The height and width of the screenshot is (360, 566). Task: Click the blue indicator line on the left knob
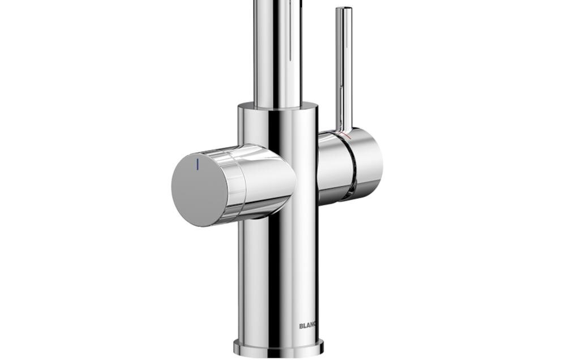click(x=198, y=164)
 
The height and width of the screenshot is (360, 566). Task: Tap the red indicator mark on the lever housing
click(x=347, y=136)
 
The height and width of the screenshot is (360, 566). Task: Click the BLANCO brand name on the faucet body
click(x=307, y=326)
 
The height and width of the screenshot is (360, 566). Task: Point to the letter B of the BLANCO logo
click(x=301, y=326)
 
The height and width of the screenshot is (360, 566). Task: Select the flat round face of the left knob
click(x=199, y=190)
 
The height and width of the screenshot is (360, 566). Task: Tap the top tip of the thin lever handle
click(x=344, y=8)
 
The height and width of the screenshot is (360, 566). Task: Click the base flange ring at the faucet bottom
click(x=278, y=348)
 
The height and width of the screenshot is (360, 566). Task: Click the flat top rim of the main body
click(x=278, y=106)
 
